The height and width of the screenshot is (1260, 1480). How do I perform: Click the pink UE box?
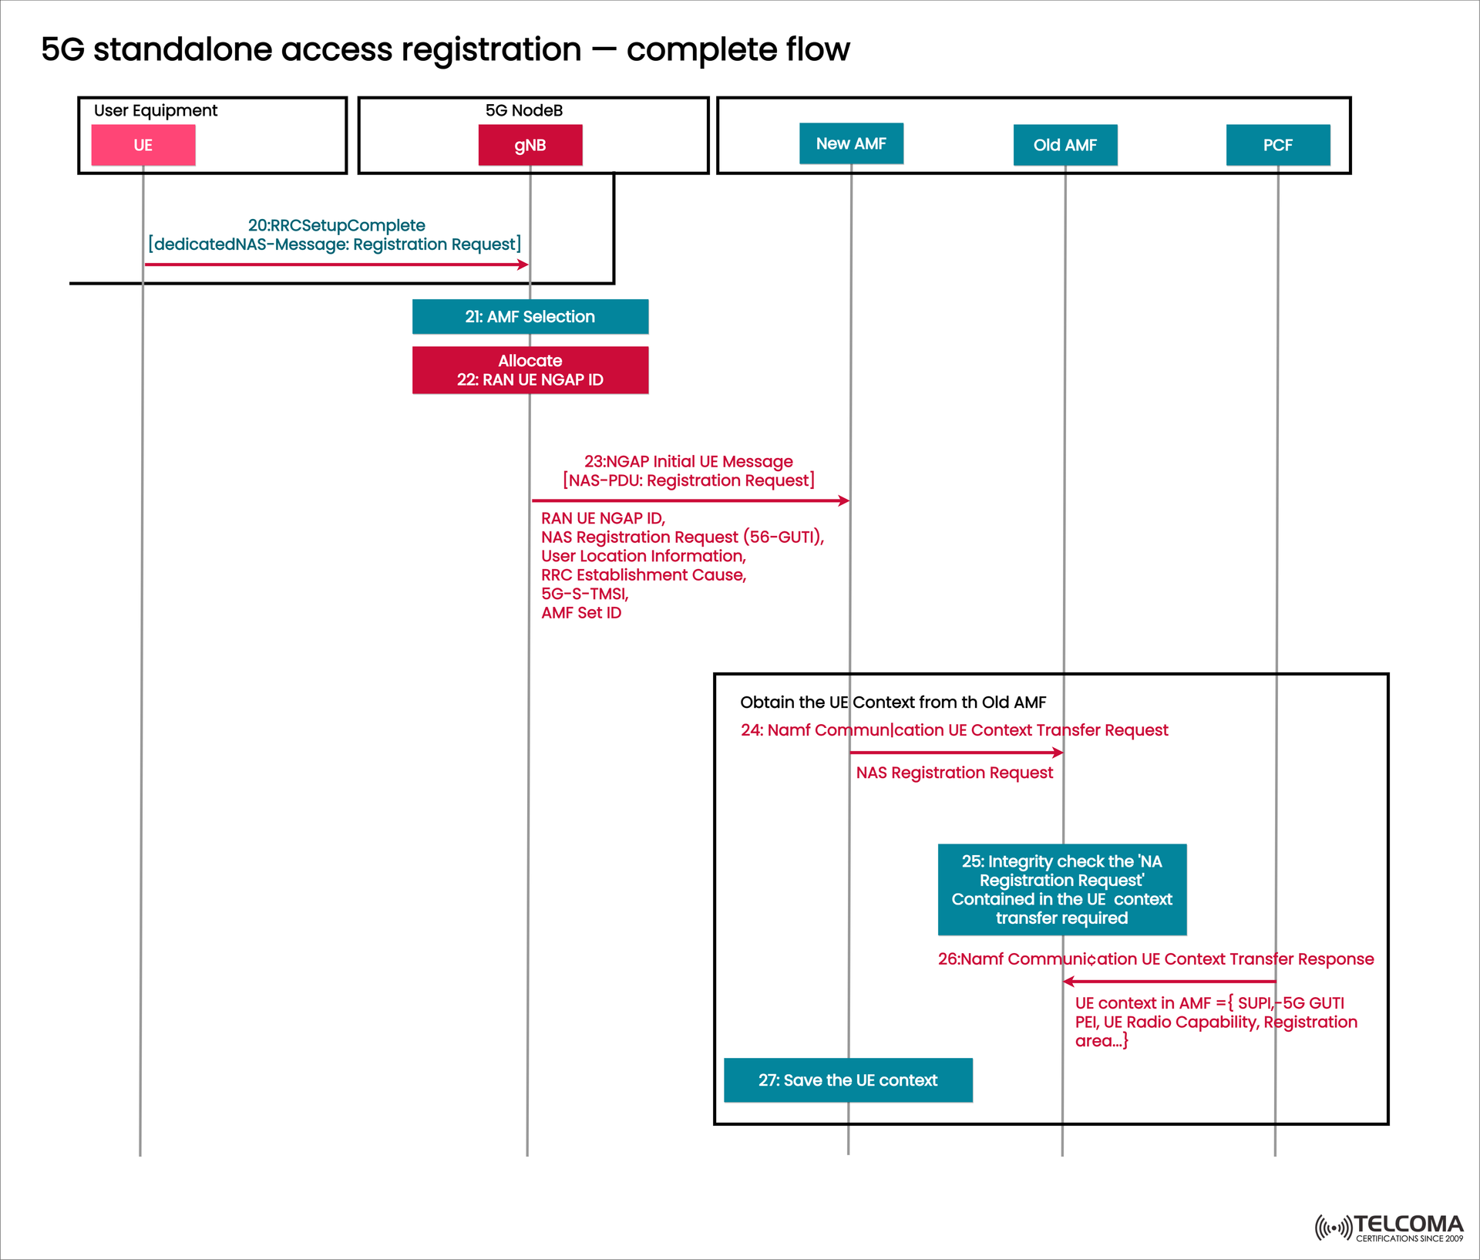tap(143, 145)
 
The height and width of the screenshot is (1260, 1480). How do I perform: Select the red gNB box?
tap(530, 145)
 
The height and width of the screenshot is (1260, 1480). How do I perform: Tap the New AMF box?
tap(851, 143)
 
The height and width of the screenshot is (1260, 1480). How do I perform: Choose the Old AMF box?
tap(1065, 145)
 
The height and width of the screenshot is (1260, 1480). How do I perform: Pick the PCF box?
tap(1277, 145)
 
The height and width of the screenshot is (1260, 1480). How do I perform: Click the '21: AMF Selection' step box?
tap(530, 316)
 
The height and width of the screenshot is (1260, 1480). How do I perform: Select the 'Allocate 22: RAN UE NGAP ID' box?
tap(530, 370)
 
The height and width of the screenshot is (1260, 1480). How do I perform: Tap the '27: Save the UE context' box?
tap(848, 1080)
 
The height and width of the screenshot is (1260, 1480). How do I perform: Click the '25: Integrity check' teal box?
tap(1061, 889)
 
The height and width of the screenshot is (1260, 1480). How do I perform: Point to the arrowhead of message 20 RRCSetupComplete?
tap(524, 264)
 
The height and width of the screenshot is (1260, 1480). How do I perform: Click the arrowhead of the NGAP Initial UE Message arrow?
tap(845, 500)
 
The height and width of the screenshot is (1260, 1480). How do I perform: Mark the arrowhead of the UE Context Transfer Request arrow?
tap(1059, 753)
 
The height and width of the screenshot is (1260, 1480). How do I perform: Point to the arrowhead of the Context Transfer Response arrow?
tap(1068, 982)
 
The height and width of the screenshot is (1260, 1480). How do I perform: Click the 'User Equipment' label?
tap(156, 110)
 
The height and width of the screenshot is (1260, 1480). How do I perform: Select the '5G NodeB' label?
tap(524, 110)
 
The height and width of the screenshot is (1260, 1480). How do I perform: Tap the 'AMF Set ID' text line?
tap(581, 613)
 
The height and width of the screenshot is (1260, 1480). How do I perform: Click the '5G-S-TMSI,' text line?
tap(585, 594)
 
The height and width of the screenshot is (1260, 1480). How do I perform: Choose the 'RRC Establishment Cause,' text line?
tap(644, 575)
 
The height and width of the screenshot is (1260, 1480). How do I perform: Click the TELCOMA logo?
tap(1389, 1228)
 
